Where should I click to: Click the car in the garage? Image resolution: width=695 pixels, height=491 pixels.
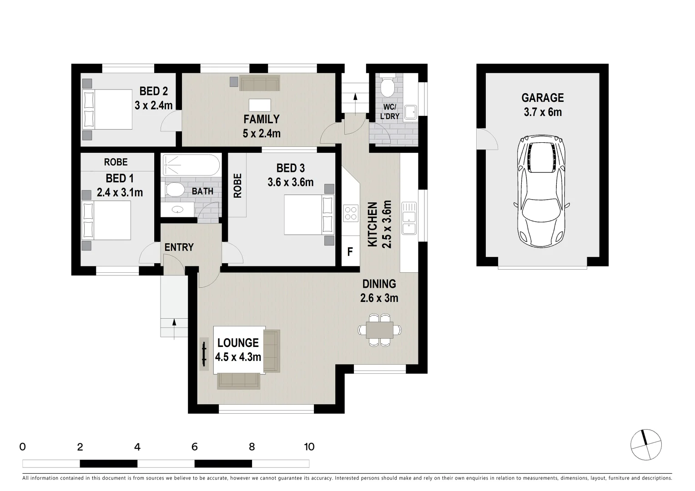[542, 191]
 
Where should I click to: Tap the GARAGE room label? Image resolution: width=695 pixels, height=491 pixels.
[542, 98]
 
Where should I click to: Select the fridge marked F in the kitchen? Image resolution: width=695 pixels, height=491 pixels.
[350, 251]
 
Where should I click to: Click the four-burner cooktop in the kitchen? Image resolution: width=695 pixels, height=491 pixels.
[351, 214]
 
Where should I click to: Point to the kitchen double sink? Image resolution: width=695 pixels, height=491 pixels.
[408, 218]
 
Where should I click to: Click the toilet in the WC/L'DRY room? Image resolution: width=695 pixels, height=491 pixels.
[388, 85]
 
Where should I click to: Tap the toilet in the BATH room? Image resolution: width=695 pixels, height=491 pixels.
[174, 190]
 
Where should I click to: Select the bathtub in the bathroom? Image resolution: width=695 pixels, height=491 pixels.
[191, 165]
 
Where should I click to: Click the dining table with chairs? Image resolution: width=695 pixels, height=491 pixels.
[380, 330]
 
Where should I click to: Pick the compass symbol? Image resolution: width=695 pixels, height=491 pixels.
[646, 445]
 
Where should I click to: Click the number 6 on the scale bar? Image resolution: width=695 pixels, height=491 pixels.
[194, 447]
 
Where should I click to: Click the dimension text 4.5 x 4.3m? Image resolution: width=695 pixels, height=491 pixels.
[238, 357]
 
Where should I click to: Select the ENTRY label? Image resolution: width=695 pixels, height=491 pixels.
[179, 247]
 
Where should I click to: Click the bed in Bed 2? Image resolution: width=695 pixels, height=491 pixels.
[107, 110]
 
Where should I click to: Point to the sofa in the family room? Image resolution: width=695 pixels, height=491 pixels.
[260, 83]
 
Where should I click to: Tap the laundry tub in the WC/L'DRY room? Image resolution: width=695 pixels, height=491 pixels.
[410, 112]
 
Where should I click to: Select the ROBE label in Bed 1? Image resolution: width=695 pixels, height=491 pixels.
[116, 162]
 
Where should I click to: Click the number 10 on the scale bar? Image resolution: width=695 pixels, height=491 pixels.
[309, 447]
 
